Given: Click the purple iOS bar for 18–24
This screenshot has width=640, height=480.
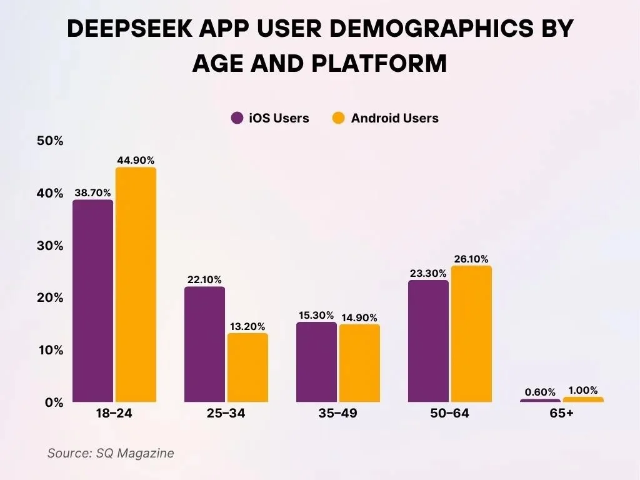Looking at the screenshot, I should coord(92,301).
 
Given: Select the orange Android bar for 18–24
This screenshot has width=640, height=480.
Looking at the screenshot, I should coord(136,284).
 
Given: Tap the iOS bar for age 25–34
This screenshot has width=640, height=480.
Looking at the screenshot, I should coord(204,344).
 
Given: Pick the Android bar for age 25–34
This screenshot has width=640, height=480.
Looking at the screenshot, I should coord(247,367).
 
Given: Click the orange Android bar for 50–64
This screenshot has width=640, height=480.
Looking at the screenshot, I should coord(471,334).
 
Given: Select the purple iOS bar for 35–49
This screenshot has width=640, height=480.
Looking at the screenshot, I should coord(316,362).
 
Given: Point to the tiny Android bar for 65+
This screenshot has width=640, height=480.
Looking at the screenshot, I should coord(583,399).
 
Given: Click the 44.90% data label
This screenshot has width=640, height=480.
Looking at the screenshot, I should coord(136,160).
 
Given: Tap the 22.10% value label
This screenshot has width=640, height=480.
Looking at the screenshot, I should coord(204,279).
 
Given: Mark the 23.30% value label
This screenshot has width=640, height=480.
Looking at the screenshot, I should coord(427,272).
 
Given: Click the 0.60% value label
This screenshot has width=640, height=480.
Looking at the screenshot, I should coord(540,392).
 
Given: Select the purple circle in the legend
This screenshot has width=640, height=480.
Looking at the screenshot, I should coord(237,118).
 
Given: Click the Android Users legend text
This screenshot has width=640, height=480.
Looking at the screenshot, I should coord(394,118).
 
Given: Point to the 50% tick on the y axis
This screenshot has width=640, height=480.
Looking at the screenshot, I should coord(50,141).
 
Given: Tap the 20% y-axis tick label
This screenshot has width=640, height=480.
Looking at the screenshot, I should coord(50,298).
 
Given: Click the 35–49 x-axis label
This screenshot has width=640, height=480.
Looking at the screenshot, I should coord(337,414).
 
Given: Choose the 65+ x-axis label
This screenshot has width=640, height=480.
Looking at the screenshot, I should coord(561,414).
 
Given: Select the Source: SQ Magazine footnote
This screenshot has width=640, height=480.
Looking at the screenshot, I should coord(111,453).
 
